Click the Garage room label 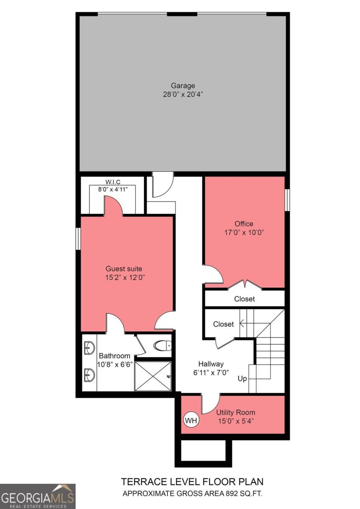[x=183, y=86]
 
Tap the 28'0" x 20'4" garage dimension [x=183, y=94]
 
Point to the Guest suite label [x=124, y=268]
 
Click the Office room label [x=244, y=224]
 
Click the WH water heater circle [x=191, y=421]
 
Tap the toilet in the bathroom [x=163, y=346]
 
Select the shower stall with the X [x=153, y=376]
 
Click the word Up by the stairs [x=242, y=378]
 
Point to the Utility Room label [x=236, y=412]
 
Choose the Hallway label [x=211, y=364]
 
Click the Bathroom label [x=114, y=355]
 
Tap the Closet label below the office [x=245, y=299]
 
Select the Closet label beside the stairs [x=223, y=324]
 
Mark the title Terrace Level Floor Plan [x=193, y=481]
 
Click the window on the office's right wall [x=287, y=199]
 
